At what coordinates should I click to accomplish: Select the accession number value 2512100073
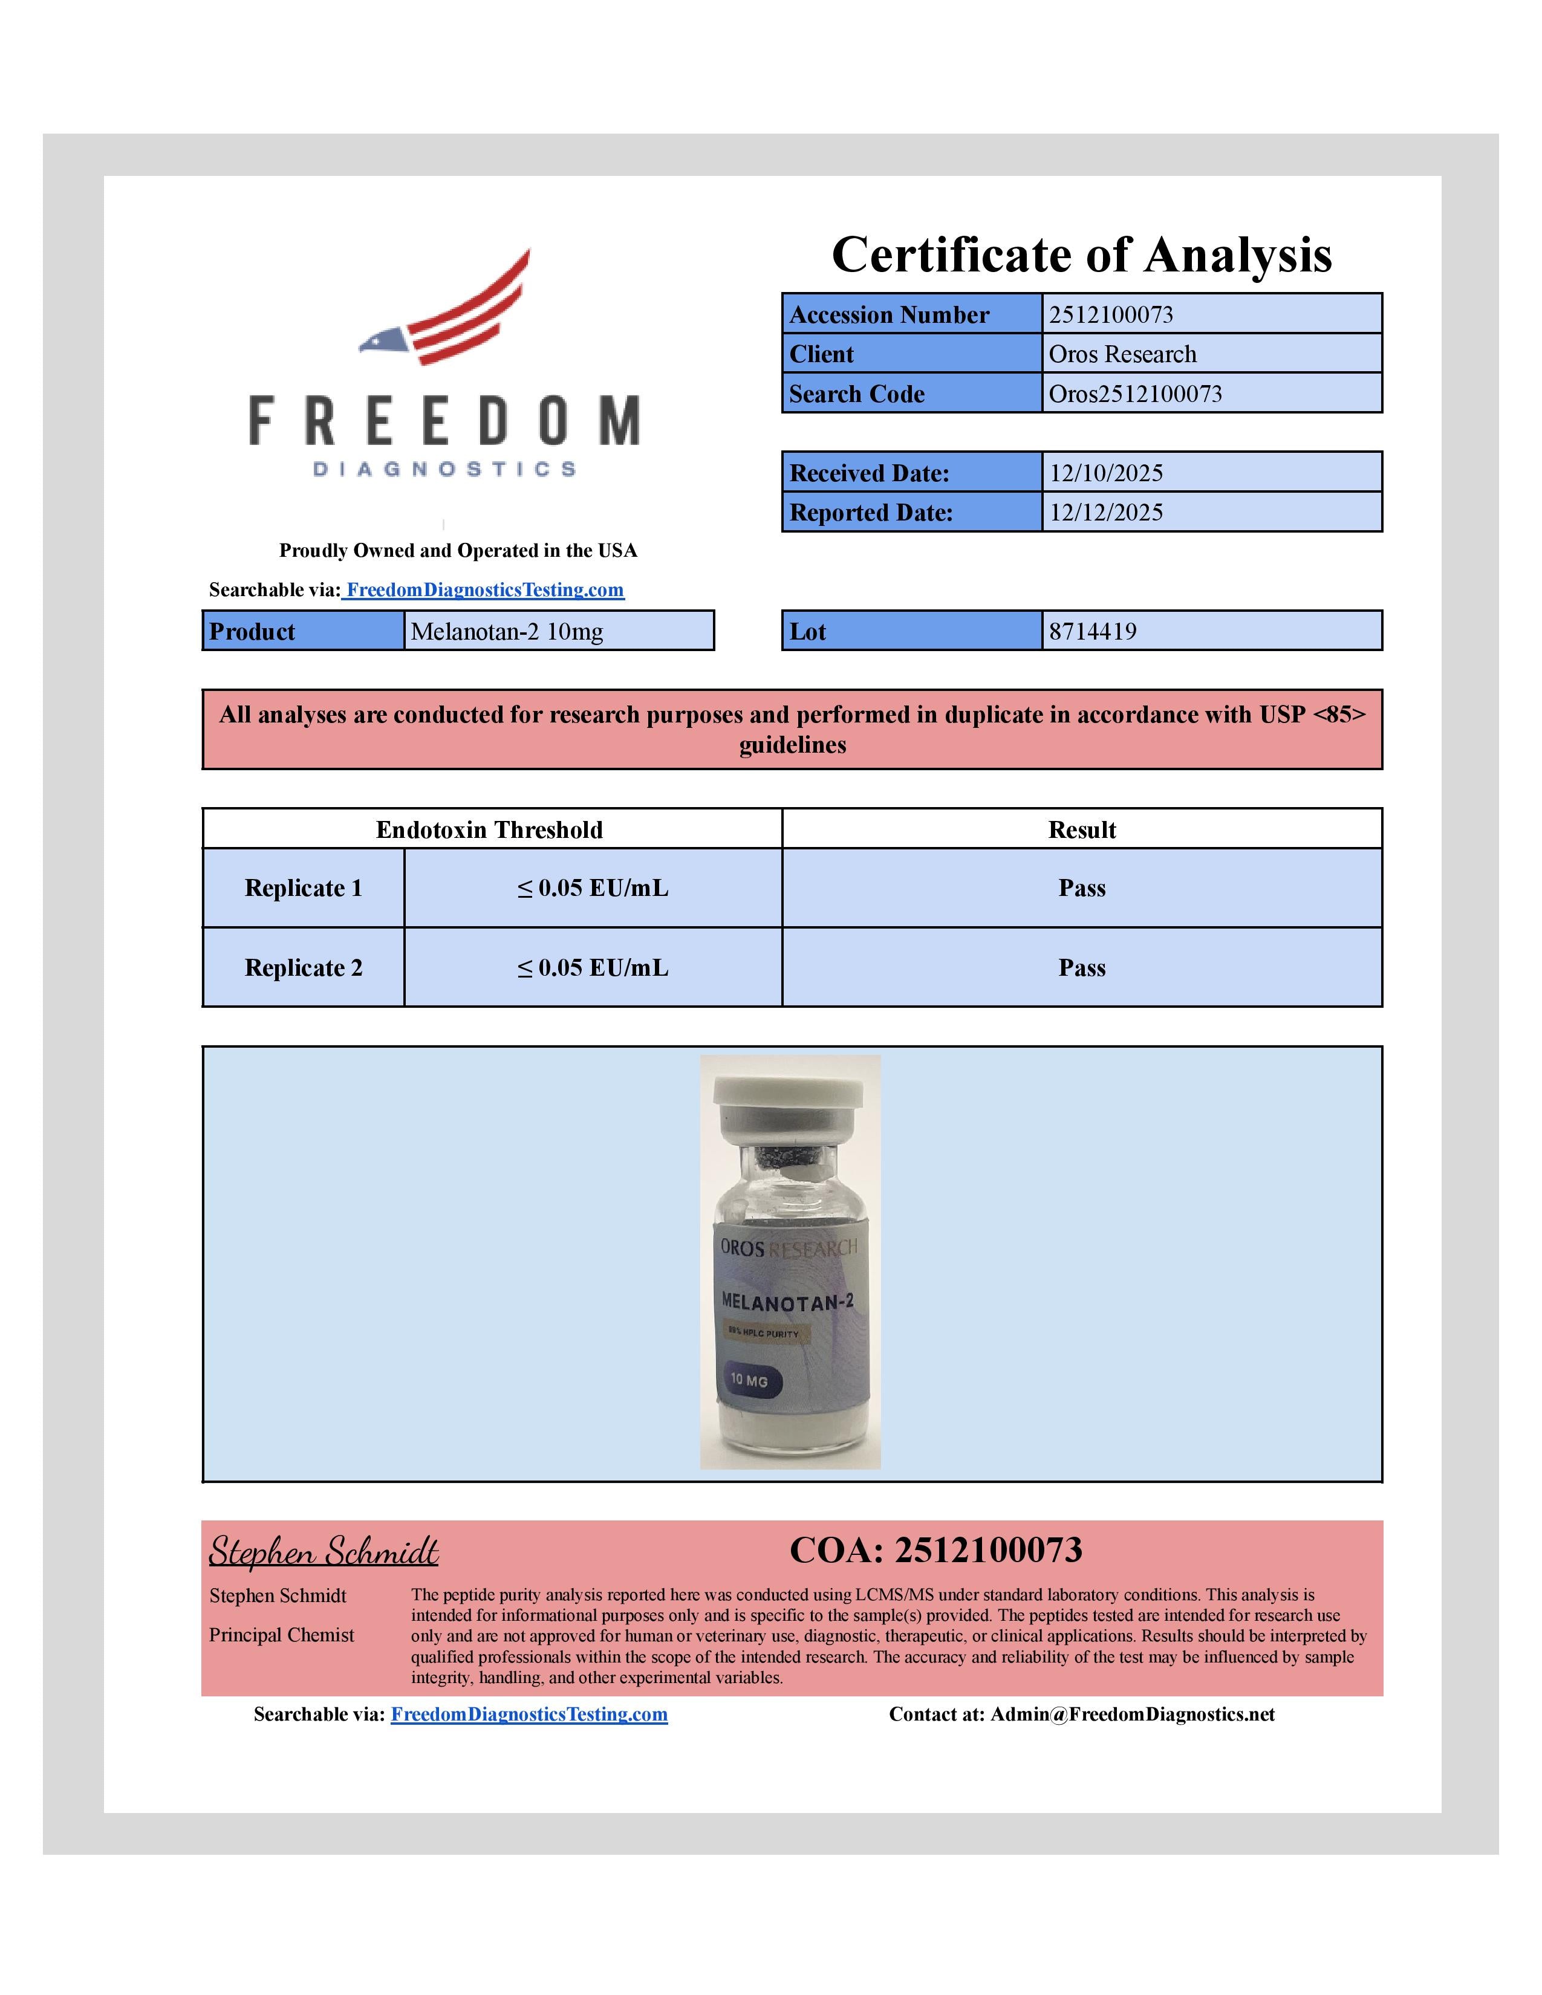coord(1111,314)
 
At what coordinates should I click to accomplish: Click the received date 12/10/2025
coord(1105,473)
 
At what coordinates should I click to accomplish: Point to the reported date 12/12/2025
coord(1105,513)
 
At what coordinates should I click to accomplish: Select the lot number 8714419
coord(1093,631)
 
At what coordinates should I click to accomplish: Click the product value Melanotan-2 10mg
coord(507,631)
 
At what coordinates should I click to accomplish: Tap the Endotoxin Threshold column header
coord(490,829)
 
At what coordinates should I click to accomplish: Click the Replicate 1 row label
coord(304,888)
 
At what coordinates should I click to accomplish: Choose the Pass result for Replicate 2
coord(1082,967)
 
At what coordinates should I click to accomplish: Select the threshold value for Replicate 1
coord(593,888)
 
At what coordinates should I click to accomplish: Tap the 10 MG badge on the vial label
coord(749,1380)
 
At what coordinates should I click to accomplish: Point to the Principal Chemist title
coord(281,1635)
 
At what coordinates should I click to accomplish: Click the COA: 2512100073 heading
coord(935,1550)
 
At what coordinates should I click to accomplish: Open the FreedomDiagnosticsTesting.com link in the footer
coord(529,1714)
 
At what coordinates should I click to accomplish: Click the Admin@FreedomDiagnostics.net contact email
coord(1132,1714)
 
